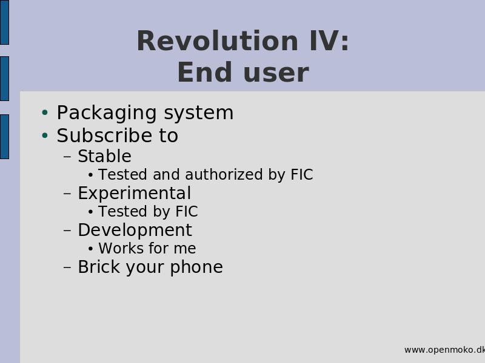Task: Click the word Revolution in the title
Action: coord(218,41)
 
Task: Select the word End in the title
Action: coord(204,72)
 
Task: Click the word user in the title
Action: coord(276,74)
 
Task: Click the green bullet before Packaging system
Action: coord(45,112)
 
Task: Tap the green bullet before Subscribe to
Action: coord(45,135)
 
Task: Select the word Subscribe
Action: coord(104,135)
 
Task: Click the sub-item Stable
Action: coord(104,156)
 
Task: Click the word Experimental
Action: coord(134,194)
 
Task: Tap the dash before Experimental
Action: coord(67,194)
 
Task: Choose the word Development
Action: coord(135,231)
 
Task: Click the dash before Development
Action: coord(67,231)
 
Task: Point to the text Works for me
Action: coord(147,248)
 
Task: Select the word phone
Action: coord(196,267)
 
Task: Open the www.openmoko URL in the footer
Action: coord(444,350)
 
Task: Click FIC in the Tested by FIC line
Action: coord(187,211)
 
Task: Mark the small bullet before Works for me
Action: coord(90,249)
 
